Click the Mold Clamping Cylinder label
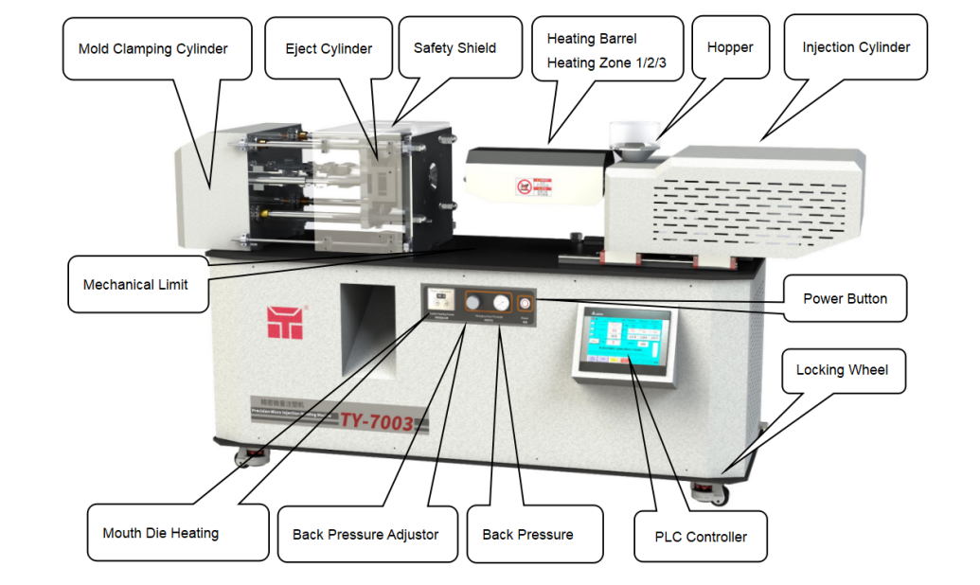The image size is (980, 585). [152, 48]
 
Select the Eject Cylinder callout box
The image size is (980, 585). [329, 48]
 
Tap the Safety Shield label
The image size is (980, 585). [454, 48]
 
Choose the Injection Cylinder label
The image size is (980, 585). [856, 47]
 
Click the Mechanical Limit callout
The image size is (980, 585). [135, 284]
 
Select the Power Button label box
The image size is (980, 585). [845, 298]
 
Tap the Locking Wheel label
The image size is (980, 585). [842, 369]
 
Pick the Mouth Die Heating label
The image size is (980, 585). [160, 533]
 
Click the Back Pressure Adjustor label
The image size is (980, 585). [365, 535]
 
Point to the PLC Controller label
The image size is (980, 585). [701, 537]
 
